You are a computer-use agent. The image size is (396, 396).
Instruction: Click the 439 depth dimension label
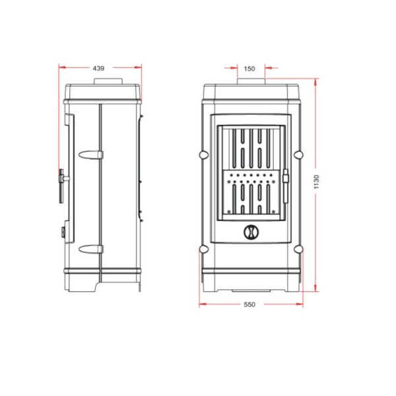point(98,68)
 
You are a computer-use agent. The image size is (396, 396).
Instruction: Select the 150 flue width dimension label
point(249,69)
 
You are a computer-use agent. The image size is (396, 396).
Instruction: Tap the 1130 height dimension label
point(316,182)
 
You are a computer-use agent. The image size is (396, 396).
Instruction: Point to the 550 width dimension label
point(249,304)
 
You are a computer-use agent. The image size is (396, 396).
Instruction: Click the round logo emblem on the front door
point(251,232)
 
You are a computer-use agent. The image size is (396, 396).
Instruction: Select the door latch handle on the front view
point(286,186)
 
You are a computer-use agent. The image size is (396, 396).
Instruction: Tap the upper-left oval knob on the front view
point(204,154)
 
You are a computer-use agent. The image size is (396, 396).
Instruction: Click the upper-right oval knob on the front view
point(299,154)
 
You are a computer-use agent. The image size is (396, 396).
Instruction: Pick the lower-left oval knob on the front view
point(204,249)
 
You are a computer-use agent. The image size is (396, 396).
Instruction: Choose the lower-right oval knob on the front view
point(299,249)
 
